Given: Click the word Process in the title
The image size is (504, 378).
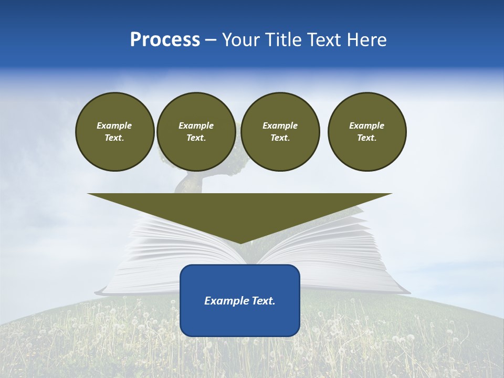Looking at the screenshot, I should (x=165, y=40).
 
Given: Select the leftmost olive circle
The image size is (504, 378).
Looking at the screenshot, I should (x=114, y=132).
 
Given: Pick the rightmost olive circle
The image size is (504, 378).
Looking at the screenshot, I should (x=367, y=132).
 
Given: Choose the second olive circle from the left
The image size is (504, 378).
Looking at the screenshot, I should (x=196, y=132).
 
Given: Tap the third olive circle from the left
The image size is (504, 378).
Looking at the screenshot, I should (x=280, y=132).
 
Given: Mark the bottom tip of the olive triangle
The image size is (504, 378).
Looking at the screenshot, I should (x=240, y=243).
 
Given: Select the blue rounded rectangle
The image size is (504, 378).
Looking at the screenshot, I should (x=240, y=300).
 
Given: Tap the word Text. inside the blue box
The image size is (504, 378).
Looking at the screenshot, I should (x=262, y=301).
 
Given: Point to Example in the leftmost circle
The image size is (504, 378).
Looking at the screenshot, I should (x=114, y=125).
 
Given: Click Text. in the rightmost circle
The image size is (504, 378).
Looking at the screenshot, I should (x=367, y=138).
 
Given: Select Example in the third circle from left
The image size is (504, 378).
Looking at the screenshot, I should (x=280, y=125).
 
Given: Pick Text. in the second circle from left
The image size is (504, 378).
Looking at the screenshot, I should (x=196, y=138).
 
